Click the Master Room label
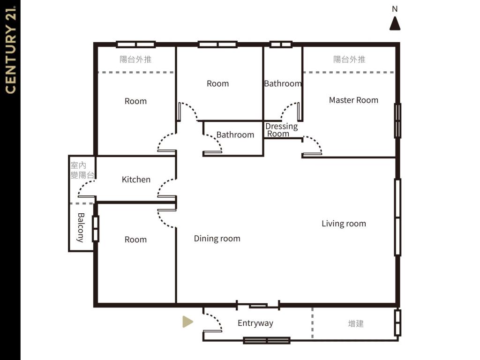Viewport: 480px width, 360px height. click(353, 100)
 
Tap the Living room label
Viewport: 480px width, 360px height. click(344, 224)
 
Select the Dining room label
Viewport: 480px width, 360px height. click(217, 239)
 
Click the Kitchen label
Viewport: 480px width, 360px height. click(136, 180)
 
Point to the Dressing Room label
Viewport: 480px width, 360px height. click(281, 130)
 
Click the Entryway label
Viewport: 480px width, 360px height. click(255, 323)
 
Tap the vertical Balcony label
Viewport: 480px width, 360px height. click(81, 227)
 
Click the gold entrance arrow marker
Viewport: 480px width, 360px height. click(187, 322)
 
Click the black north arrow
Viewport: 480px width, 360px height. click(395, 23)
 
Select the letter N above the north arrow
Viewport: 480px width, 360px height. click(395, 9)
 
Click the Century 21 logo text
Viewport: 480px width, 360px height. click(10, 50)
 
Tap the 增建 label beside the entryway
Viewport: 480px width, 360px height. click(356, 323)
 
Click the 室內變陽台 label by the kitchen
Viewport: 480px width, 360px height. click(82, 170)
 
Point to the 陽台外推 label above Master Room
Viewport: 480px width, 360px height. click(349, 59)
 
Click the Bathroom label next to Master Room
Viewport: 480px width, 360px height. click(283, 83)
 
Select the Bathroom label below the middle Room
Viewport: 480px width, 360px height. click(235, 135)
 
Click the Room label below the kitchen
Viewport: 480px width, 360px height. click(135, 240)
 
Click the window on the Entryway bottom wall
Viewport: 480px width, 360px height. click(267, 340)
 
